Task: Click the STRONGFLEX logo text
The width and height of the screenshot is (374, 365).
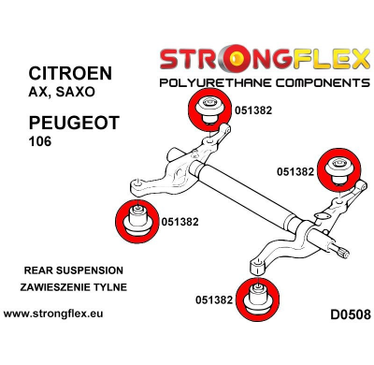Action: click(x=265, y=63)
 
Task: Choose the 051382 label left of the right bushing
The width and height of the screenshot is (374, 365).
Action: click(x=295, y=172)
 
